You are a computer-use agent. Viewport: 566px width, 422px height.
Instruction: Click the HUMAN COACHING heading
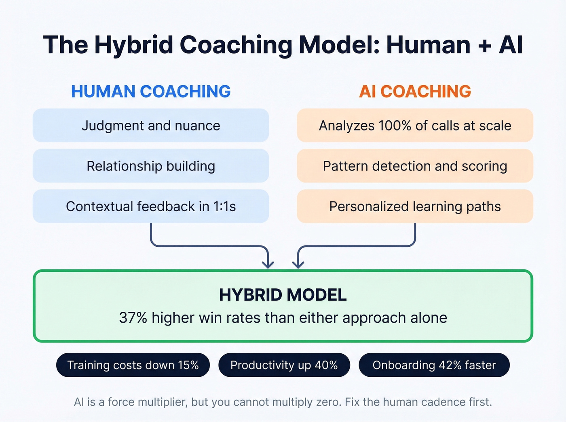(x=151, y=92)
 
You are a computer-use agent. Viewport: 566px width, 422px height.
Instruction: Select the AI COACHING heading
(x=415, y=92)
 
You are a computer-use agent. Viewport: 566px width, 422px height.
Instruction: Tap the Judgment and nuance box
(x=151, y=126)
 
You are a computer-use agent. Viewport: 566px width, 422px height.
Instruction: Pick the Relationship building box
(x=151, y=166)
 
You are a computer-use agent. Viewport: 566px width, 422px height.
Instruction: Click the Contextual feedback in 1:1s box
(x=151, y=206)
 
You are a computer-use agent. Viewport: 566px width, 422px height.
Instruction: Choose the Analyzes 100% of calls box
(x=415, y=126)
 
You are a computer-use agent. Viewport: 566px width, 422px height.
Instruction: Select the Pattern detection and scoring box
(x=415, y=166)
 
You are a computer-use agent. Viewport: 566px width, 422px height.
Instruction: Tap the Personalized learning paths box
(x=415, y=206)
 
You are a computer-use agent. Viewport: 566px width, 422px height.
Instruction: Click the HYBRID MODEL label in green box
(x=283, y=295)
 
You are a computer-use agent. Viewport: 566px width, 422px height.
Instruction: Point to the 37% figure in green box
(x=133, y=318)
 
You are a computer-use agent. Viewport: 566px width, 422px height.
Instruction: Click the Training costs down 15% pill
(x=133, y=365)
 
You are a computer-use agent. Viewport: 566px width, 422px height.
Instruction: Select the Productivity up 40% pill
(x=284, y=365)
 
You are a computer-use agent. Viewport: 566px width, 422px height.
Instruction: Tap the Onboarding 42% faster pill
(x=434, y=365)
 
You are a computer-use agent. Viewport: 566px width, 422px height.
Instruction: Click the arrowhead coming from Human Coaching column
(x=268, y=264)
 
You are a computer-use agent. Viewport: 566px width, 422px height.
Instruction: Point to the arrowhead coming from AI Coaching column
(x=298, y=264)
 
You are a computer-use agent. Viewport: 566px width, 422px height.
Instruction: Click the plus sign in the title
(x=484, y=45)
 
